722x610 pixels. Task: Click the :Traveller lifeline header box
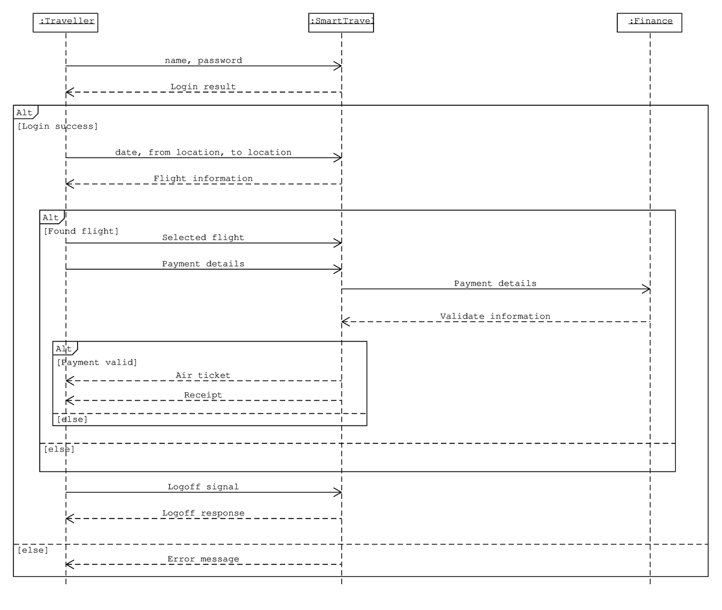[x=65, y=22]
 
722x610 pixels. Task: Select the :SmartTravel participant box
[x=341, y=22]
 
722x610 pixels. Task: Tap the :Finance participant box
[x=649, y=22]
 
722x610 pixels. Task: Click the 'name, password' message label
[x=203, y=61]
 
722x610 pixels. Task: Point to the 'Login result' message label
[x=203, y=87]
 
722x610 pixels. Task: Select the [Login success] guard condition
[x=58, y=126]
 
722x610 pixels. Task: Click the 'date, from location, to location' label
[x=203, y=153]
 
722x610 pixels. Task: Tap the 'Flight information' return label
[x=203, y=179]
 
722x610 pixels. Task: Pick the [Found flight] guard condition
[x=81, y=231]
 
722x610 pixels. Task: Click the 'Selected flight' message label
[x=203, y=238]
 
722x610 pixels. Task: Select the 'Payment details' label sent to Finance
[x=495, y=283]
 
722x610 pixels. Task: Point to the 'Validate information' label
[x=495, y=316]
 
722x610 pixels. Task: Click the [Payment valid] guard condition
[x=97, y=362]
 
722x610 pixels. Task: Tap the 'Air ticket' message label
[x=203, y=375]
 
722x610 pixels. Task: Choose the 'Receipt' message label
[x=203, y=395]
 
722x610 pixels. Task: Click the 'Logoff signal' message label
[x=203, y=487]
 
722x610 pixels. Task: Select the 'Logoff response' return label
[x=203, y=513]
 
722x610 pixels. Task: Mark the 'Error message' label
[x=203, y=559]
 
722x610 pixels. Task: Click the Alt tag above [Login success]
[x=25, y=112]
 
